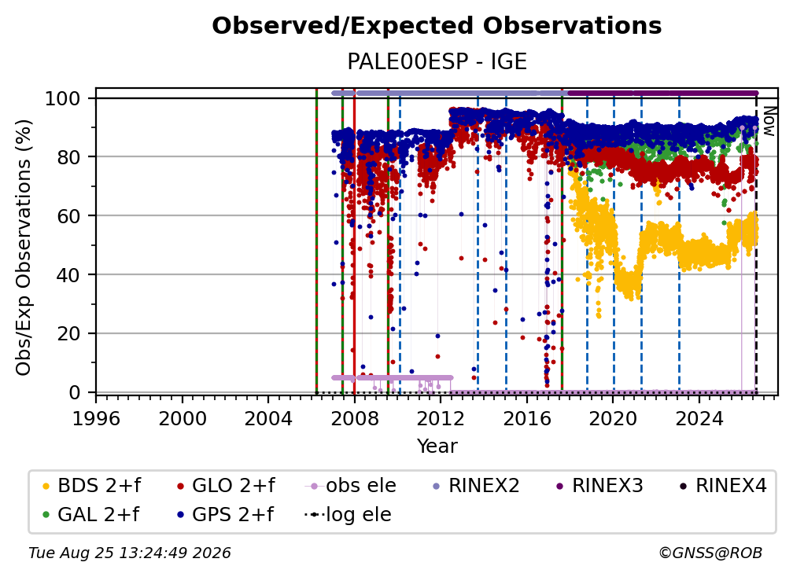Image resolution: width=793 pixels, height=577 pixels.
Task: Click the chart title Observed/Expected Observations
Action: tap(437, 26)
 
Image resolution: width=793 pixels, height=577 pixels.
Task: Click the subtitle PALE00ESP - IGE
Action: tap(437, 61)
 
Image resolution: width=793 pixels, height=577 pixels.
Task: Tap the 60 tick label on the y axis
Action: tap(68, 215)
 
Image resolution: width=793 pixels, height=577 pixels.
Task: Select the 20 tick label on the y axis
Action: tap(68, 333)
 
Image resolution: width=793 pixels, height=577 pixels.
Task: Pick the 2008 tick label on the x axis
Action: tap(355, 419)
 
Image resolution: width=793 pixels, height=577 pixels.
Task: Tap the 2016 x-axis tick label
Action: tap(527, 419)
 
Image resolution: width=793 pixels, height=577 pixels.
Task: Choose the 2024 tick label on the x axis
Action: tap(699, 419)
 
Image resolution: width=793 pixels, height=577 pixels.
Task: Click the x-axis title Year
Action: tap(437, 447)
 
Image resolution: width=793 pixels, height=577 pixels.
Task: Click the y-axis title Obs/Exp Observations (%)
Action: tap(24, 248)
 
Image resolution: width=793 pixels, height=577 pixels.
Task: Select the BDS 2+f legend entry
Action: tap(91, 486)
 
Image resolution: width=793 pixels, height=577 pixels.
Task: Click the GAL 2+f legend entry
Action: tap(91, 515)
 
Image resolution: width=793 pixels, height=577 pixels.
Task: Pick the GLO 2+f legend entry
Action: tap(226, 486)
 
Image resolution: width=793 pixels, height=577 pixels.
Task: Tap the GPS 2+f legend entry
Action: tap(225, 515)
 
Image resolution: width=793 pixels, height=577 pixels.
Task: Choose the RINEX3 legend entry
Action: tap(599, 486)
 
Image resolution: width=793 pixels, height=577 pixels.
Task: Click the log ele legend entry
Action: tap(348, 515)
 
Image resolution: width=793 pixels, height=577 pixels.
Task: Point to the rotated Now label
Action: tap(769, 121)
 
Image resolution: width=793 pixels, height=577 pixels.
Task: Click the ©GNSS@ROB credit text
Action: tap(710, 553)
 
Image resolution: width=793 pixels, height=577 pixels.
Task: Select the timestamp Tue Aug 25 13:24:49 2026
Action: tap(130, 553)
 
